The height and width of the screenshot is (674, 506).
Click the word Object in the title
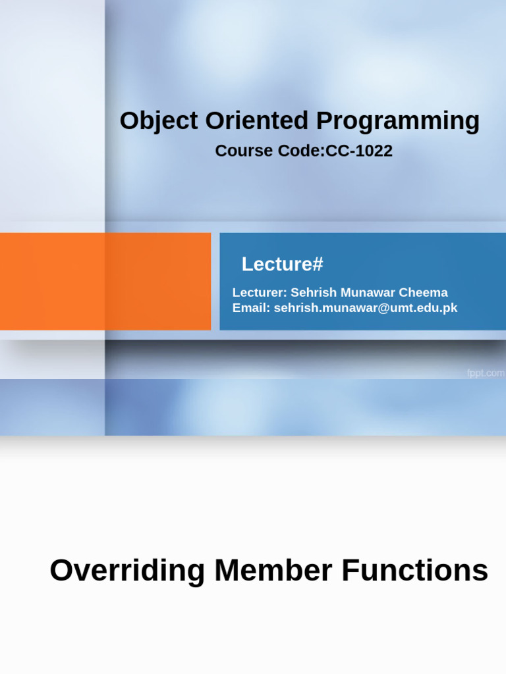point(159,121)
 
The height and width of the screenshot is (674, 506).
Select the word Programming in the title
point(398,122)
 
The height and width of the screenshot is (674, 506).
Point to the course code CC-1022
point(359,151)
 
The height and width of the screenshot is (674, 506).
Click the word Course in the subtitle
point(244,151)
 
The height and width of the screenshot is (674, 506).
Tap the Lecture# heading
point(282,264)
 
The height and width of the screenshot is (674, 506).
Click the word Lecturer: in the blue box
point(260,292)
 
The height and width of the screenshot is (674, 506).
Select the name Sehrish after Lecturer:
point(314,292)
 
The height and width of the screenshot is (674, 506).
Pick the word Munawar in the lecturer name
point(368,292)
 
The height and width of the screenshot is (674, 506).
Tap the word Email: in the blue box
point(251,308)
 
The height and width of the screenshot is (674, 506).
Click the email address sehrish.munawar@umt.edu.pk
point(366,308)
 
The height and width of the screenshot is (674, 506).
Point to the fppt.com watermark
point(486,373)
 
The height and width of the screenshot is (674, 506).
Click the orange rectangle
point(105,282)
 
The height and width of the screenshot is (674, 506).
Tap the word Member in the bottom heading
point(273,571)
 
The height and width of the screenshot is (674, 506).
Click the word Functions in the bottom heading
point(415,571)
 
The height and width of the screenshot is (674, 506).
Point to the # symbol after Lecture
point(318,264)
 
